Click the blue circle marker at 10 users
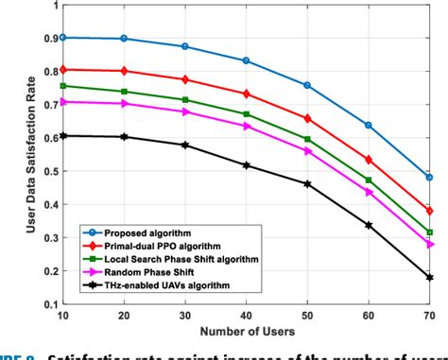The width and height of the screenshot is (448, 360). pos(62,38)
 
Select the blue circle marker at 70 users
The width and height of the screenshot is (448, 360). pos(429,178)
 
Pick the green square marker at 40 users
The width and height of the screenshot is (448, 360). pos(246,114)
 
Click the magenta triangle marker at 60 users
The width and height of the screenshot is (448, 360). pos(369,192)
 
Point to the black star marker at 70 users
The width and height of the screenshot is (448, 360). pos(429,278)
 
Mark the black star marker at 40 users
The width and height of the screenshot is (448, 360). pos(246,165)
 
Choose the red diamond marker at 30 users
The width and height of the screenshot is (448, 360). pos(184,79)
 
